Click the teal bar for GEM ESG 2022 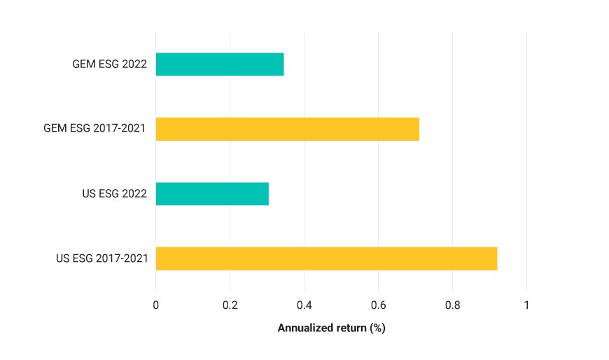220,64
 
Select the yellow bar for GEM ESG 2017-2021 288,129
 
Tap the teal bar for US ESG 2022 213,193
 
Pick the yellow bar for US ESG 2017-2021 327,258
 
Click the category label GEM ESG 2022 109,64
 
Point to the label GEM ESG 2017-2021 94,128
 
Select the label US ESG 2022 115,193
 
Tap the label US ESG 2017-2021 101,258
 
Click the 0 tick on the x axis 155,305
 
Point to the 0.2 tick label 230,305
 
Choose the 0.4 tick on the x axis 304,305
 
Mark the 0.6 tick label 378,305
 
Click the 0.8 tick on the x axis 452,305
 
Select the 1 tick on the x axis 526,305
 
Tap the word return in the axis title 351,328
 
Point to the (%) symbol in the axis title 377,328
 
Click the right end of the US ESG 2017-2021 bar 497,258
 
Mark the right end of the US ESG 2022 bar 268,193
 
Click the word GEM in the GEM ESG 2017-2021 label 55,128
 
